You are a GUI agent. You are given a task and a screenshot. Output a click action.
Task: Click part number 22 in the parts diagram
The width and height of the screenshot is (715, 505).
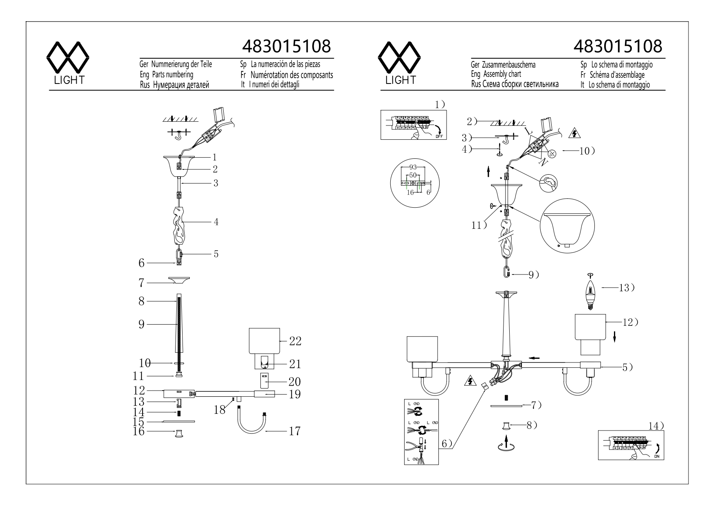pos(295,341)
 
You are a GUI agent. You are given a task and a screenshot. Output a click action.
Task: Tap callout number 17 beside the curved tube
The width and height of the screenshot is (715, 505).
pos(295,431)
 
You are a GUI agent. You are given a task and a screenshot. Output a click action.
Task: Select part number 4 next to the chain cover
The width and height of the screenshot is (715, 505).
pos(216,222)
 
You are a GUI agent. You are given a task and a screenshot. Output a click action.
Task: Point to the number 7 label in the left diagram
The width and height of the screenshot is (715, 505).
pos(141,282)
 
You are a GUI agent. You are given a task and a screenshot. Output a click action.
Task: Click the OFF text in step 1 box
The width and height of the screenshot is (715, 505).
pos(439,136)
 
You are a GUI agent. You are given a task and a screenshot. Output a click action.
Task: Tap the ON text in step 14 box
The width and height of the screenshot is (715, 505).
pos(657,457)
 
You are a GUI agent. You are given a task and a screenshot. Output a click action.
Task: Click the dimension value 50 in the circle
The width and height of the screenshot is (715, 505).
pos(413,175)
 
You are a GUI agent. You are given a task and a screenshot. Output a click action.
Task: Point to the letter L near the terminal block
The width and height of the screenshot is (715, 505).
pos(528,131)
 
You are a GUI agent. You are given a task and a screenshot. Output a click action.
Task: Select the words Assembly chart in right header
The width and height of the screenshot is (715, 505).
pos(502,74)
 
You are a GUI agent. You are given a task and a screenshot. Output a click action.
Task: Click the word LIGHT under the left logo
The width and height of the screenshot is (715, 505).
pos(69,80)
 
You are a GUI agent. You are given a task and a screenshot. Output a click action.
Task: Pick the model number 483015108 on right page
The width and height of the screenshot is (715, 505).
pos(617,46)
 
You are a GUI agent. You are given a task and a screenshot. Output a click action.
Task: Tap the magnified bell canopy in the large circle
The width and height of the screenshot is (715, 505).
pos(567,228)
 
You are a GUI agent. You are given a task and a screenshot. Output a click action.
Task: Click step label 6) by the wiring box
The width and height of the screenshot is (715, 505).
pos(447,444)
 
